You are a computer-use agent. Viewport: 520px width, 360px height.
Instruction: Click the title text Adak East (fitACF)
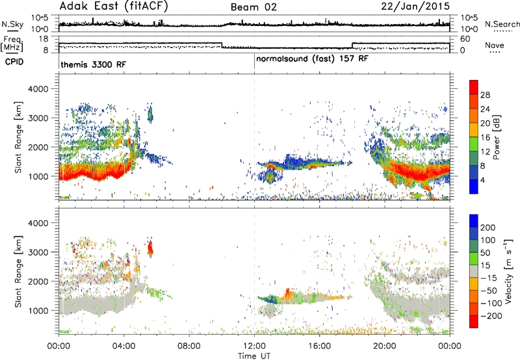(x=114, y=6)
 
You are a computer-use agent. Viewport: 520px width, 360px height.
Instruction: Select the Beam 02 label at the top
(x=253, y=7)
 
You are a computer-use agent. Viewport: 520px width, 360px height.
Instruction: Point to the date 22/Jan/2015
(x=415, y=6)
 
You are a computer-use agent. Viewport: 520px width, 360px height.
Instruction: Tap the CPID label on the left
(x=14, y=62)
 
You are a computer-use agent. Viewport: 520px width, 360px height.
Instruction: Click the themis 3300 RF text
(x=94, y=64)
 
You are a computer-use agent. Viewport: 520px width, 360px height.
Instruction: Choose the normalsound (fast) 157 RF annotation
(x=312, y=59)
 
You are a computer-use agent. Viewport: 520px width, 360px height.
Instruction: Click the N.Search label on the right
(x=502, y=24)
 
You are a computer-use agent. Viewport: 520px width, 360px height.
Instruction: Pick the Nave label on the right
(x=495, y=45)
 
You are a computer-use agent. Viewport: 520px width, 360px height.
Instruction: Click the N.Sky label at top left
(x=12, y=24)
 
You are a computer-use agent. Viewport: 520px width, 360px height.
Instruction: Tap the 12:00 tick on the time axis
(x=254, y=346)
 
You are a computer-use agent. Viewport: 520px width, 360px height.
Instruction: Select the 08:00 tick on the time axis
(x=189, y=346)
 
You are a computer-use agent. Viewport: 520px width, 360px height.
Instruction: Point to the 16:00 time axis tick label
(x=320, y=346)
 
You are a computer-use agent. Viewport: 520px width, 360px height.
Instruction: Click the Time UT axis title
(x=254, y=356)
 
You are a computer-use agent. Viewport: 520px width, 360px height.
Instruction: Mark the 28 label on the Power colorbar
(x=485, y=95)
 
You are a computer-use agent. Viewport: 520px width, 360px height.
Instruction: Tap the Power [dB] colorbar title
(x=497, y=137)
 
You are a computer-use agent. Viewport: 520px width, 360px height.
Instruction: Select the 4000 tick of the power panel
(x=38, y=89)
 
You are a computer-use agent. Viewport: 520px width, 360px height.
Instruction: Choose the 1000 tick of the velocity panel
(x=38, y=311)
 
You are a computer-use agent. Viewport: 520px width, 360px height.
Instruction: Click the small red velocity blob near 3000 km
(x=150, y=248)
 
